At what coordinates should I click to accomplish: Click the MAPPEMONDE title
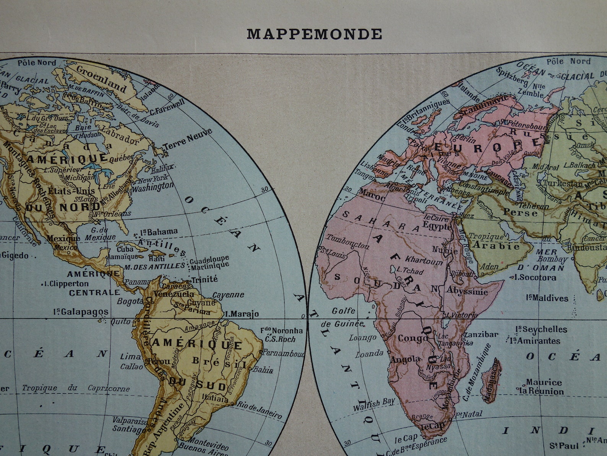click(x=314, y=34)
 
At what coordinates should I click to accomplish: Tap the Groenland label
click(x=102, y=79)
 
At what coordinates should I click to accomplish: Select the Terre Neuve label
click(x=188, y=140)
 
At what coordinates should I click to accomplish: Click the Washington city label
click(x=153, y=188)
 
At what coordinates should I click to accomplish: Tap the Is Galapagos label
click(x=81, y=312)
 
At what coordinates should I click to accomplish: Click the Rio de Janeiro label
click(x=259, y=409)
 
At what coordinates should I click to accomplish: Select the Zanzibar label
click(x=480, y=334)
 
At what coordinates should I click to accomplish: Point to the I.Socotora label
click(x=535, y=277)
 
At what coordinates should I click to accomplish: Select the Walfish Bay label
click(x=374, y=403)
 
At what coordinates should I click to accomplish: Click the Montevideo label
click(x=209, y=441)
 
